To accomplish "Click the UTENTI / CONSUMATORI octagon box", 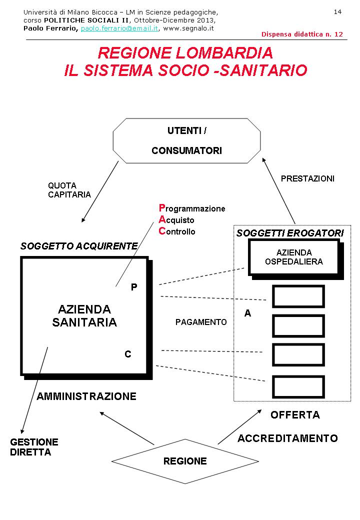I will click(x=186, y=140).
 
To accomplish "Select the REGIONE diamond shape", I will click(x=185, y=461).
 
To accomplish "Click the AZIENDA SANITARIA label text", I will click(x=84, y=316).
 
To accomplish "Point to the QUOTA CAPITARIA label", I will click(x=69, y=190).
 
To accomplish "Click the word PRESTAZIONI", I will click(x=307, y=178).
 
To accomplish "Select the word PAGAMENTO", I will click(x=201, y=322).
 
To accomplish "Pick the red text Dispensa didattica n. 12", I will click(x=302, y=34).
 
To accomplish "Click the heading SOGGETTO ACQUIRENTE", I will click(x=79, y=246).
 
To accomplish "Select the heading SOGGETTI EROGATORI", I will click(x=290, y=233).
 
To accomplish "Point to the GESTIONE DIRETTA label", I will click(x=34, y=447).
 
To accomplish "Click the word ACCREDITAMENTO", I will click(x=287, y=438).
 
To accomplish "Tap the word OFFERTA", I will click(x=295, y=415).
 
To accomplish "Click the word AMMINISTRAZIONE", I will click(x=86, y=396).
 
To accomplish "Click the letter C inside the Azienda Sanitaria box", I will click(x=128, y=354).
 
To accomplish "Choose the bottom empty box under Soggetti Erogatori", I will click(x=298, y=387).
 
